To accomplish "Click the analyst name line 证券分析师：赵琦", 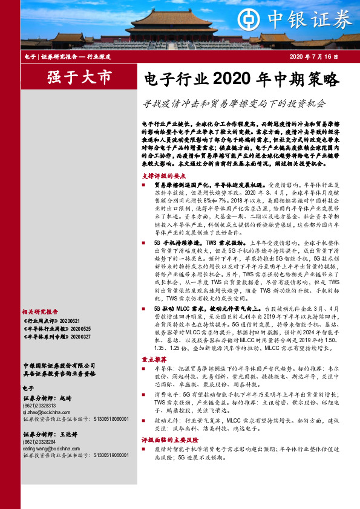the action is point(47,398).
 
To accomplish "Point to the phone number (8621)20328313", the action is point(42,406).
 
